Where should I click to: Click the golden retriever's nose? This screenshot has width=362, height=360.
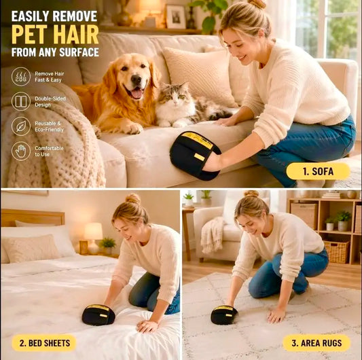click(137, 80)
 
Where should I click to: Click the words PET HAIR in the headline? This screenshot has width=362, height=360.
click(55, 35)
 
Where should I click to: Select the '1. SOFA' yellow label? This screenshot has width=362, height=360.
click(318, 171)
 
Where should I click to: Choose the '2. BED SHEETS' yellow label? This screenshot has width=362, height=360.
click(44, 343)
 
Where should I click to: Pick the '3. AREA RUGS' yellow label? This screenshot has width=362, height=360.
click(316, 343)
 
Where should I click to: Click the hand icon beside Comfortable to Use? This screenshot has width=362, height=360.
click(21, 151)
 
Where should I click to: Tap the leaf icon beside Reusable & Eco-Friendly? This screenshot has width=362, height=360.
click(21, 126)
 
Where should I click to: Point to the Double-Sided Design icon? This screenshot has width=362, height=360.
click(21, 101)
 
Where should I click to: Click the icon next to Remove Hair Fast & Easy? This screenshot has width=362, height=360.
click(21, 77)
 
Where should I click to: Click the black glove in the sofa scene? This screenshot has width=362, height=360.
click(195, 155)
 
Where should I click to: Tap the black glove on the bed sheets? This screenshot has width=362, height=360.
click(98, 314)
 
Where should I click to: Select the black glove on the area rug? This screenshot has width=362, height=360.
click(224, 314)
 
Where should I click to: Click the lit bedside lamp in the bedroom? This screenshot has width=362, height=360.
click(93, 237)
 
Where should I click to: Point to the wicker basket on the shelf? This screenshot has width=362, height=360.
click(337, 252)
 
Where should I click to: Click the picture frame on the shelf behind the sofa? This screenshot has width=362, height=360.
click(176, 16)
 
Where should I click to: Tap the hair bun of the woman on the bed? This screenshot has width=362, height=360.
click(132, 198)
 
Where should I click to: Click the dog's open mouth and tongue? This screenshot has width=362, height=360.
click(136, 92)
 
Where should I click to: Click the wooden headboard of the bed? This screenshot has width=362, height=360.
click(33, 218)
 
